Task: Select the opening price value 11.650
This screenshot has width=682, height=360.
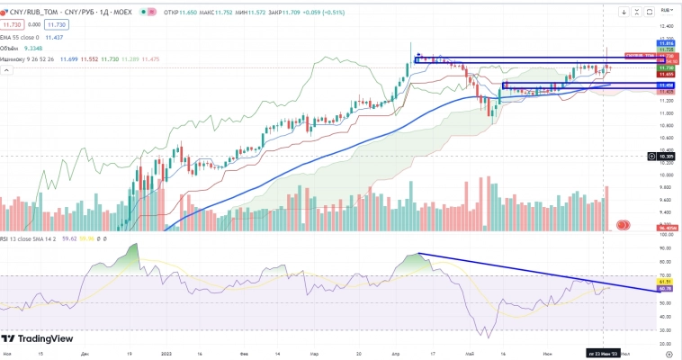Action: pyautogui.click(x=189, y=12)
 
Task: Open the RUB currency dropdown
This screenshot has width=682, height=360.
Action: pyautogui.click(x=667, y=10)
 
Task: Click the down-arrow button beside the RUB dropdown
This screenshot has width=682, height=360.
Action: pyautogui.click(x=624, y=11)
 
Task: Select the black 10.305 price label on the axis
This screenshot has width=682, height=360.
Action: pyautogui.click(x=667, y=156)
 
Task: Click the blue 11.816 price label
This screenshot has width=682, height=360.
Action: pyautogui.click(x=667, y=42)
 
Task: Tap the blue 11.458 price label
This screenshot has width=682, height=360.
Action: pyautogui.click(x=667, y=85)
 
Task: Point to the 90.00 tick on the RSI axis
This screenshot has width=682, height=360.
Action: pyautogui.click(x=667, y=247)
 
